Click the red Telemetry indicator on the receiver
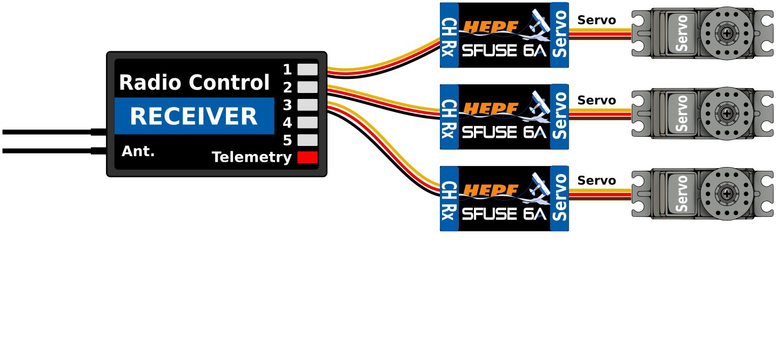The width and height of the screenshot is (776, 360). coord(307,158)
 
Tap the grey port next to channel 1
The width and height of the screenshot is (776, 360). coord(307,69)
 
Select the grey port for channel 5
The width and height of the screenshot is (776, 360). coord(307,140)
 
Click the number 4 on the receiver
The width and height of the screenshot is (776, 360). coord(287,123)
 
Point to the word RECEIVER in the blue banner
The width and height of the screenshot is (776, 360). coord(193,117)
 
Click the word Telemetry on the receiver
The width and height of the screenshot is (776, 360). coord(251,158)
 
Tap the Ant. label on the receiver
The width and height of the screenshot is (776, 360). coord(138,152)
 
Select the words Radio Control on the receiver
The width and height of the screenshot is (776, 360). coord(194,83)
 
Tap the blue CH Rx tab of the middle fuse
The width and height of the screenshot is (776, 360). coord(449,117)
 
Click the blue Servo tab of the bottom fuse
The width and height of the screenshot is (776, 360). coord(560,198)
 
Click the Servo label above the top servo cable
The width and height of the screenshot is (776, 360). coord(596,21)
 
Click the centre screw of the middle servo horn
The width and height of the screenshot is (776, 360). coord(727,114)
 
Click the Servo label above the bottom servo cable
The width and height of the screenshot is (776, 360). coord(596,181)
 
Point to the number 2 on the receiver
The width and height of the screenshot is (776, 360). coord(287,87)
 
